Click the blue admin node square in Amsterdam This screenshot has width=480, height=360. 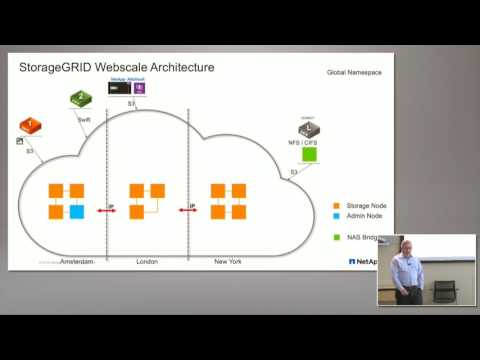click(x=77, y=212)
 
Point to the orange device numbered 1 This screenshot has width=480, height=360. click(x=30, y=126)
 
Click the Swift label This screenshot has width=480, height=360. click(x=84, y=119)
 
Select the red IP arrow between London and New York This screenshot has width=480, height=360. click(x=186, y=210)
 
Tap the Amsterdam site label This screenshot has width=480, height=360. click(x=76, y=261)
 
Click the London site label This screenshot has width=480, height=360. click(x=147, y=261)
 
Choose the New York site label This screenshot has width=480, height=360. click(x=229, y=261)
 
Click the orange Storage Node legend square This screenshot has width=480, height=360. click(x=336, y=205)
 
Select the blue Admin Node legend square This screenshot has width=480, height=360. click(x=336, y=217)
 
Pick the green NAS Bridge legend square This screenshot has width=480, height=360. click(x=336, y=239)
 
